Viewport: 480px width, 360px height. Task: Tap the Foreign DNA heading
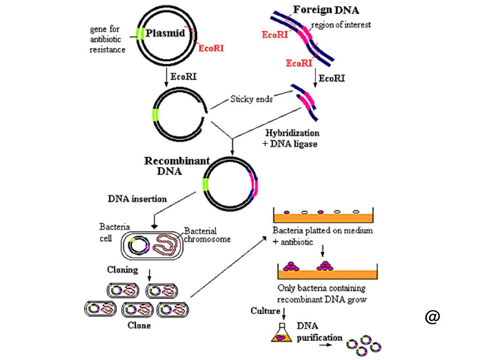point(326,9)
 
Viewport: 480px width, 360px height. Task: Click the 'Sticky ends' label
point(251,99)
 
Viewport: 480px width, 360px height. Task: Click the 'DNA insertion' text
point(137,199)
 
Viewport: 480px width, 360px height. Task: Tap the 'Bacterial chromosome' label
point(207,235)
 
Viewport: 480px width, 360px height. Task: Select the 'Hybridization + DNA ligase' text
point(292,138)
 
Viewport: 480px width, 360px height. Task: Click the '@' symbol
point(432,317)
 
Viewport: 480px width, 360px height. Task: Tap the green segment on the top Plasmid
point(139,34)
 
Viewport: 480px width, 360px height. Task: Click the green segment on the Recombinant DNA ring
point(206,185)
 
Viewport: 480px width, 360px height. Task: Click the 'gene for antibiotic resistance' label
point(107,39)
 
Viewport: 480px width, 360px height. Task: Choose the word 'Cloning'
point(122,270)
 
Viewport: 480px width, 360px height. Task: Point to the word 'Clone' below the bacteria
point(139,325)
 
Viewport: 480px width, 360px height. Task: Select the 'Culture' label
point(265,311)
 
